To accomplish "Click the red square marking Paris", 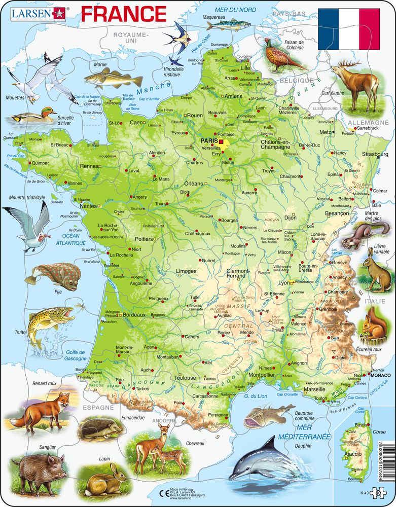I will pyautogui.click(x=221, y=141).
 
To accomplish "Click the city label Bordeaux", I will pyautogui.click(x=134, y=315).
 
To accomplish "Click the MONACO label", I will pyautogui.click(x=383, y=376).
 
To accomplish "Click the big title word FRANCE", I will pyautogui.click(x=124, y=13).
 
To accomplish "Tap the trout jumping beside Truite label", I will pyautogui.click(x=44, y=321).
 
